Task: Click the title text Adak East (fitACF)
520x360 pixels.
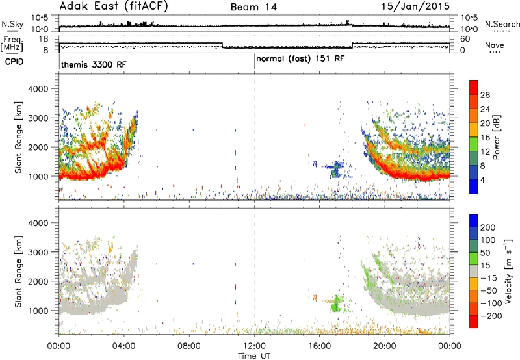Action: [x=114, y=6]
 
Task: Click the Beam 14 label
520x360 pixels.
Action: [x=253, y=7]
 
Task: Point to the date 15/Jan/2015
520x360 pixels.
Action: [x=415, y=6]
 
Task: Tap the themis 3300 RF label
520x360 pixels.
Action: [x=94, y=64]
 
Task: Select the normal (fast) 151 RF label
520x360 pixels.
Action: [x=300, y=59]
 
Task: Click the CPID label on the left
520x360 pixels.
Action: [x=14, y=62]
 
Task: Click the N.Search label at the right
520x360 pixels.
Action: [x=502, y=24]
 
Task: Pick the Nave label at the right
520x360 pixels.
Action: [x=495, y=45]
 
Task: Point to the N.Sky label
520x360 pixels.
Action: [x=12, y=24]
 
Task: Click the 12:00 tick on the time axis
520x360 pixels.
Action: [x=254, y=346]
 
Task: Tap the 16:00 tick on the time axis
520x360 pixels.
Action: [x=319, y=346]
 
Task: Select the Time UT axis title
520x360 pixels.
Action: [x=254, y=356]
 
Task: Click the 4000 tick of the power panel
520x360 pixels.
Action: [x=38, y=89]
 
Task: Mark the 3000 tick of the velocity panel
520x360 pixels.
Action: [x=38, y=252]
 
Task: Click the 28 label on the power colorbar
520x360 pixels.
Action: [x=485, y=95]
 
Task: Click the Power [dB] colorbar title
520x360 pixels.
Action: [x=497, y=137]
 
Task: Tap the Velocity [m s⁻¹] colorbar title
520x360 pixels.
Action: [x=508, y=271]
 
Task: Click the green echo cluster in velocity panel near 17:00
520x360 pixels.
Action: [x=337, y=303]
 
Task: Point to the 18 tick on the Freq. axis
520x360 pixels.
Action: [x=44, y=39]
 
